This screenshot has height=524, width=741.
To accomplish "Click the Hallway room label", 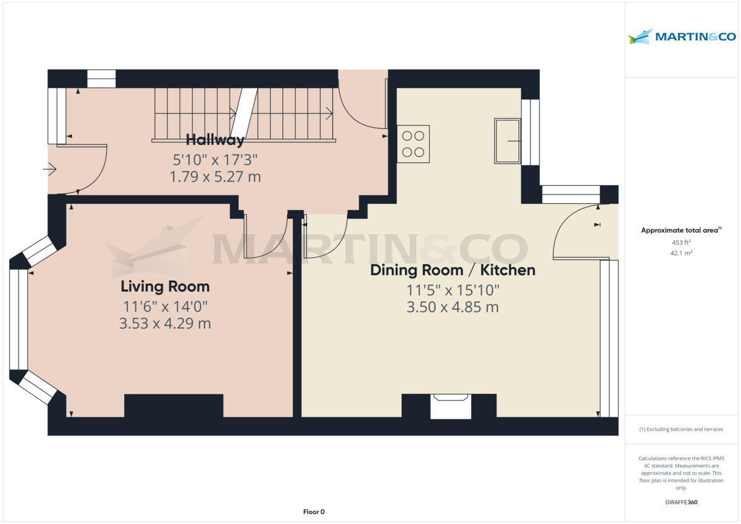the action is pos(215,140).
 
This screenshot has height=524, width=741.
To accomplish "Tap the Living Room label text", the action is pos(165,286).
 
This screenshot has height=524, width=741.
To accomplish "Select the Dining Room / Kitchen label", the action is pos(453,270).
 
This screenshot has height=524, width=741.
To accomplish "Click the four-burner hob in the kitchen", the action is pos(413,144).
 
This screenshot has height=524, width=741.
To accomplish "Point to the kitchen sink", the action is pos(508,141).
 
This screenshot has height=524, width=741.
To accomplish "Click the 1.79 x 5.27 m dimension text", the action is pos(215,177).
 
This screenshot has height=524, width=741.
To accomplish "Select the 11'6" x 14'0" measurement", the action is pos(165,307).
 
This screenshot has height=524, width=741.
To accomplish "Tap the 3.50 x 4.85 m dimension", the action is pos(453,307).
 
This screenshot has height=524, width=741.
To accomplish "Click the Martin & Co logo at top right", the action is pos(682,36).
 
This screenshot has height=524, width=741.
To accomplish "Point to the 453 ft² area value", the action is pos(681,243).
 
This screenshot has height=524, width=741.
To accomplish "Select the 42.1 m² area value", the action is pos(681,253).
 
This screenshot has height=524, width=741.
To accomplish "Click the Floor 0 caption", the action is pos(314,512).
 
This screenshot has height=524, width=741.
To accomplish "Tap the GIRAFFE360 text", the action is pos(681,502).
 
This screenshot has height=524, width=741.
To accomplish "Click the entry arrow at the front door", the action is pos(49,169).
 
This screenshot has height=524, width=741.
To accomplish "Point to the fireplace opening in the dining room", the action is pos(451,406).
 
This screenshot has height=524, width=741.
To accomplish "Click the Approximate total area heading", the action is pos(681,230).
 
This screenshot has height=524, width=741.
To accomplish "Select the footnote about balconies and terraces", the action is pos(681,429).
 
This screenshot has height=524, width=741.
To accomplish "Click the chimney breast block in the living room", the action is pos(174,405).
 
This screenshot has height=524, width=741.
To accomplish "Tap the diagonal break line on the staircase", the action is pos(244,112).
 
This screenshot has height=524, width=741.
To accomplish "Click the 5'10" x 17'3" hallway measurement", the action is pos(215,160).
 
